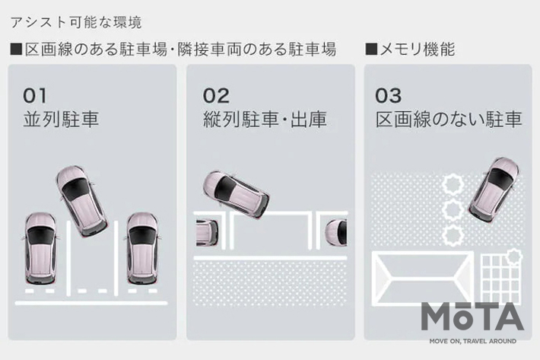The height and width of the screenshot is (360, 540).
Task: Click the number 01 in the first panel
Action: tap(34, 96)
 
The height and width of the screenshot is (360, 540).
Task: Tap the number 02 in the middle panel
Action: tap(216, 96)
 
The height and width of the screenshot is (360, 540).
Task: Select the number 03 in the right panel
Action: tap(388, 96)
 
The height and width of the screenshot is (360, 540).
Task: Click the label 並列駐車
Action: tap(61, 119)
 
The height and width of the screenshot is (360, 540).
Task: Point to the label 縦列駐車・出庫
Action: tap(265, 119)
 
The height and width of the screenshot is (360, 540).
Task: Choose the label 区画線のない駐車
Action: tap(449, 119)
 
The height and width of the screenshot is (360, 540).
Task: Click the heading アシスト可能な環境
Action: tap(76, 22)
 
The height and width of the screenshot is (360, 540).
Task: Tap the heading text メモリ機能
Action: tap(417, 49)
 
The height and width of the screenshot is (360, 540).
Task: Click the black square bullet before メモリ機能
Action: tap(371, 49)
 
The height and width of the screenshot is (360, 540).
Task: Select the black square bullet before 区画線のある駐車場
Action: tap(16, 49)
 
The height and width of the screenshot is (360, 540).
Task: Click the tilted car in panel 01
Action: tap(81, 201)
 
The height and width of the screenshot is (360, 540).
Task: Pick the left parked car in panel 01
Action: tap(40, 248)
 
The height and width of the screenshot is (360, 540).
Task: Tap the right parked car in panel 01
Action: tap(142, 248)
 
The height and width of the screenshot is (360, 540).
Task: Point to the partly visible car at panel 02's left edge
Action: tap(207, 232)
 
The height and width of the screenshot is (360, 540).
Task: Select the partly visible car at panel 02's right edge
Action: tap(336, 233)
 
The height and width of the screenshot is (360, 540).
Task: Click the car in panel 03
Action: tap(494, 190)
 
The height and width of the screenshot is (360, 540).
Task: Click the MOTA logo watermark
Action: tap(472, 322)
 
